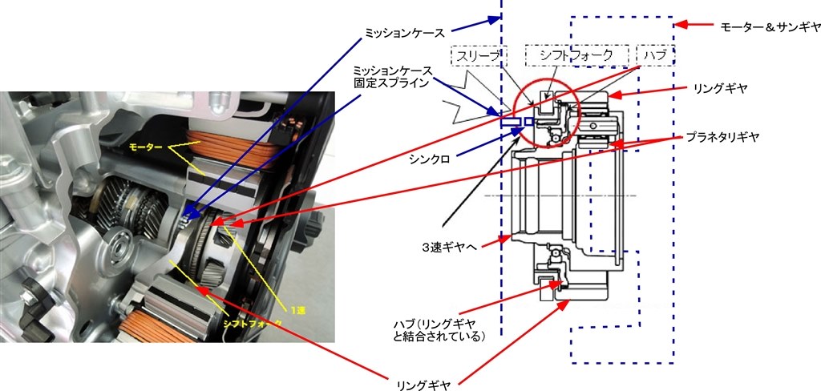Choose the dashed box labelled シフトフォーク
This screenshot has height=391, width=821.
click(574, 54)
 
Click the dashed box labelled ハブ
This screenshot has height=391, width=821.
click(656, 54)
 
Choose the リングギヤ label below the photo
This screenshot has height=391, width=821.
click(422, 385)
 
